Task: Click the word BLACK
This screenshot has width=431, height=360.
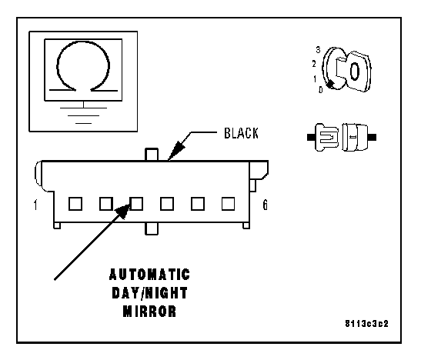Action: click(x=241, y=133)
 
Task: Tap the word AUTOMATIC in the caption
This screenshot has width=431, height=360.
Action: click(x=149, y=275)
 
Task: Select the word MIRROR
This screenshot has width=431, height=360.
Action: click(x=149, y=312)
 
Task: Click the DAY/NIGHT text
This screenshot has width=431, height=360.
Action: click(x=149, y=293)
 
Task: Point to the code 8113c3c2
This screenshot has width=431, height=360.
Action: click(x=366, y=323)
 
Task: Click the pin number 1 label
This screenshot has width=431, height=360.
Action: click(x=35, y=205)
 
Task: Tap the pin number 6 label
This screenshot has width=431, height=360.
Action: click(x=265, y=205)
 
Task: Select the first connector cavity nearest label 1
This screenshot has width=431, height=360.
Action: click(x=75, y=204)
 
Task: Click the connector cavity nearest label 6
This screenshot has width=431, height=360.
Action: click(x=228, y=204)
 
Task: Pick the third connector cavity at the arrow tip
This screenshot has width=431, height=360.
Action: click(x=137, y=204)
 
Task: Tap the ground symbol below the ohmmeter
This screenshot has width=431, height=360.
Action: click(x=83, y=112)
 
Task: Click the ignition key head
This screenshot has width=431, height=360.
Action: click(x=356, y=71)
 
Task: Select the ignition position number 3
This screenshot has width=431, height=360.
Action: click(x=318, y=50)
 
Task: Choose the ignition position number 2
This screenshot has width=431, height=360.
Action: click(x=314, y=64)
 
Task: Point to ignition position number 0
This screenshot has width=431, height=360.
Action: click(x=320, y=90)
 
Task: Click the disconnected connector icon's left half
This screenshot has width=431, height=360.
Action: click(x=324, y=137)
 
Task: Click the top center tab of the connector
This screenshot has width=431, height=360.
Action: click(x=152, y=155)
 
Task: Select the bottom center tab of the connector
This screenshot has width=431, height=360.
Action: click(x=152, y=228)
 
